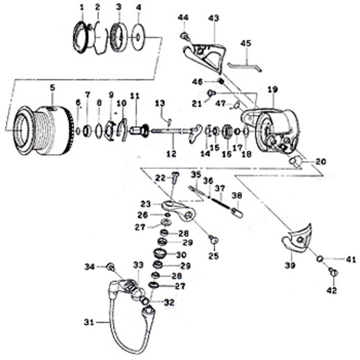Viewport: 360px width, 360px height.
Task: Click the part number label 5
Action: (x=52, y=88)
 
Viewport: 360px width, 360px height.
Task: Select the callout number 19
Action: (x=273, y=89)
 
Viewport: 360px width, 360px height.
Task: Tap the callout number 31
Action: (x=89, y=323)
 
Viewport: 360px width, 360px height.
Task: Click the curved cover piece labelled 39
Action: (x=296, y=238)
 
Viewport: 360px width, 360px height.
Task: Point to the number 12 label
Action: (x=171, y=155)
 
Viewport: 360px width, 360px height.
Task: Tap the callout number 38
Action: (x=236, y=195)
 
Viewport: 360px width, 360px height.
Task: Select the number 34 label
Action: (x=89, y=266)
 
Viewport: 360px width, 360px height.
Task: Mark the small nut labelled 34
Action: (x=110, y=266)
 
